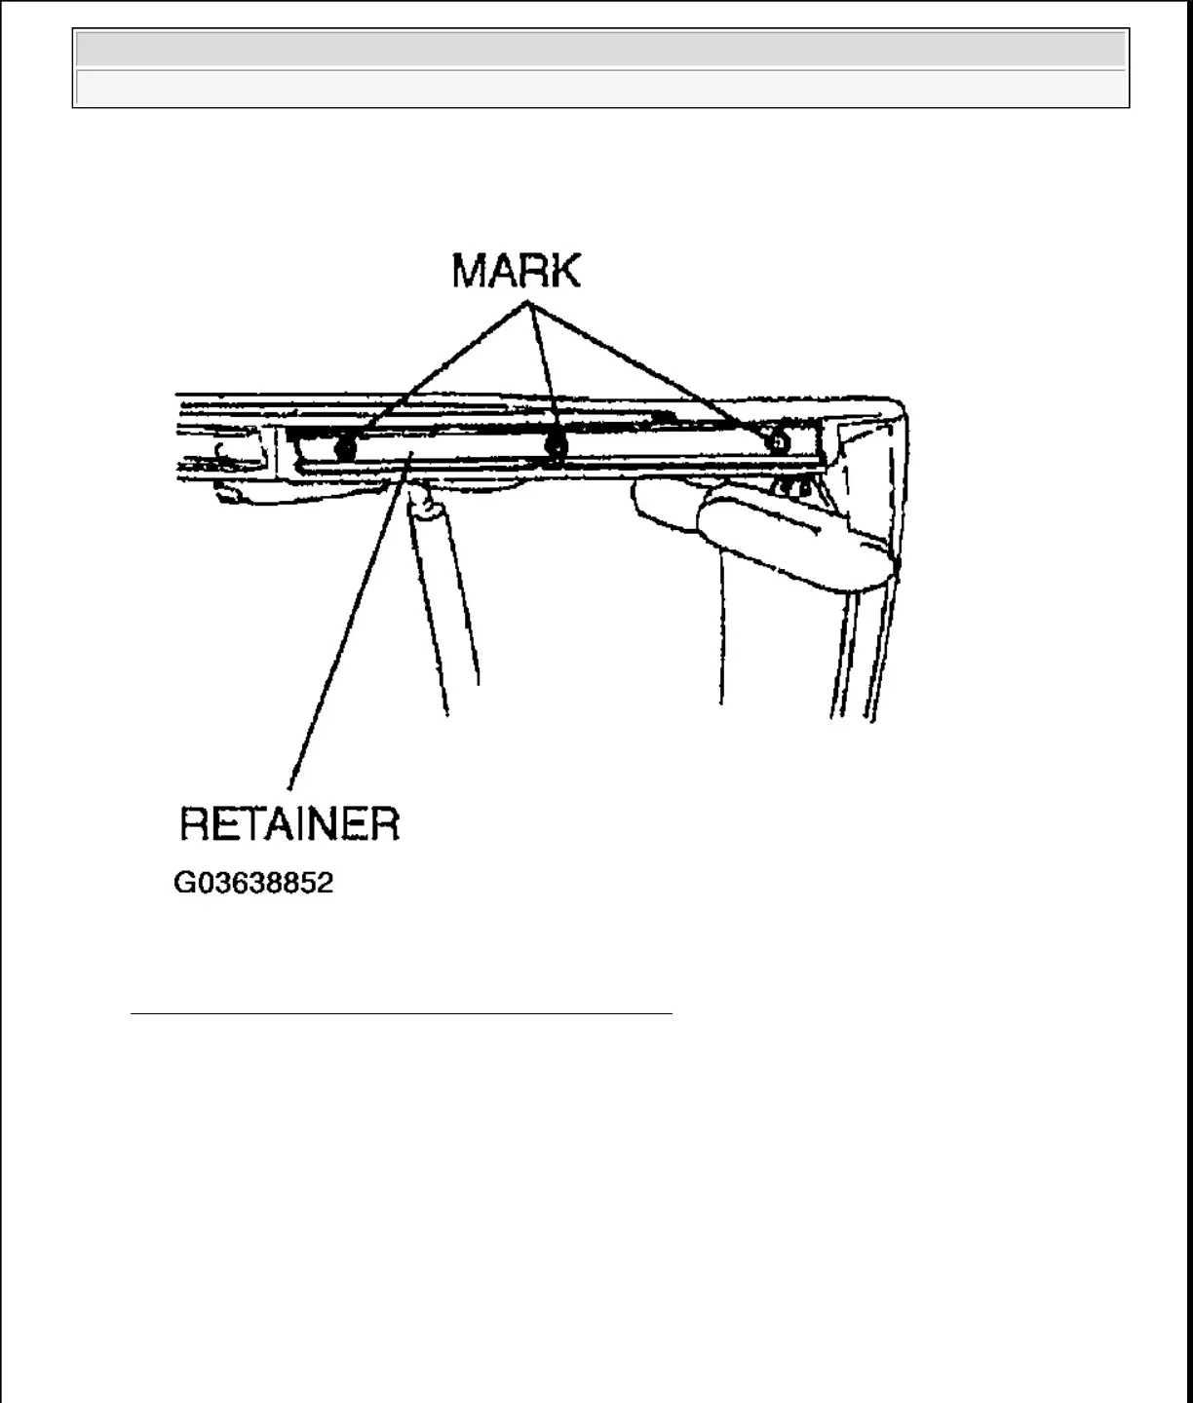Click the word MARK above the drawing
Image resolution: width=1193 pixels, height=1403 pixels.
(x=516, y=271)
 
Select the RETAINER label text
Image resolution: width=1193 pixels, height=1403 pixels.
(x=289, y=824)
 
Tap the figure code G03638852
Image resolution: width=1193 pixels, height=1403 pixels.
(x=253, y=883)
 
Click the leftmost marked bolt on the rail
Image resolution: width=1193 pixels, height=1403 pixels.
(x=344, y=447)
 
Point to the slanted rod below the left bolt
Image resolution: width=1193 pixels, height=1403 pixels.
(x=443, y=604)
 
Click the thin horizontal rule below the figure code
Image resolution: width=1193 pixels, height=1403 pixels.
(x=402, y=1014)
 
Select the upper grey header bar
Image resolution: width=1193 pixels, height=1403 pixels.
(x=600, y=49)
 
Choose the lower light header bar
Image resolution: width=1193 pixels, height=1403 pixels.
(x=600, y=88)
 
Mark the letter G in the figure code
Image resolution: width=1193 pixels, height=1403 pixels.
(x=183, y=883)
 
